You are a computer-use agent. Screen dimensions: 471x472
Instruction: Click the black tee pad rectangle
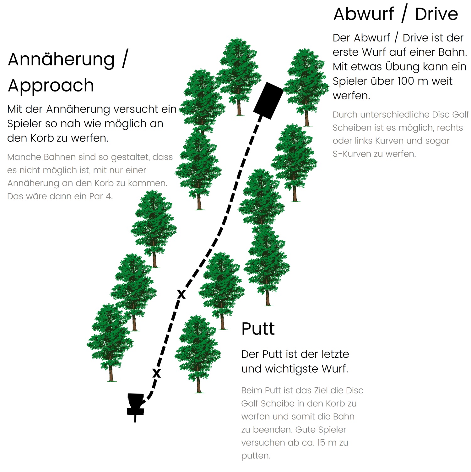tap(268, 101)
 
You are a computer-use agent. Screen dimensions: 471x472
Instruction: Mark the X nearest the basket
tap(156, 373)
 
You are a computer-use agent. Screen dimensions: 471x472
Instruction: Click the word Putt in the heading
tap(258, 329)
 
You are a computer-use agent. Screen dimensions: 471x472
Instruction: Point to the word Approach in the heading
tap(51, 86)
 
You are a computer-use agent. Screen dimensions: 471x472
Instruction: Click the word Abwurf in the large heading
tap(364, 14)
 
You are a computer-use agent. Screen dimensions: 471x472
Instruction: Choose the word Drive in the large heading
tap(436, 14)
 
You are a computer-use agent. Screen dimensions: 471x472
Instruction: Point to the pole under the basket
tap(135, 418)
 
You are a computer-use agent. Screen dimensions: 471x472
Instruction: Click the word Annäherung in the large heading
tap(61, 59)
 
